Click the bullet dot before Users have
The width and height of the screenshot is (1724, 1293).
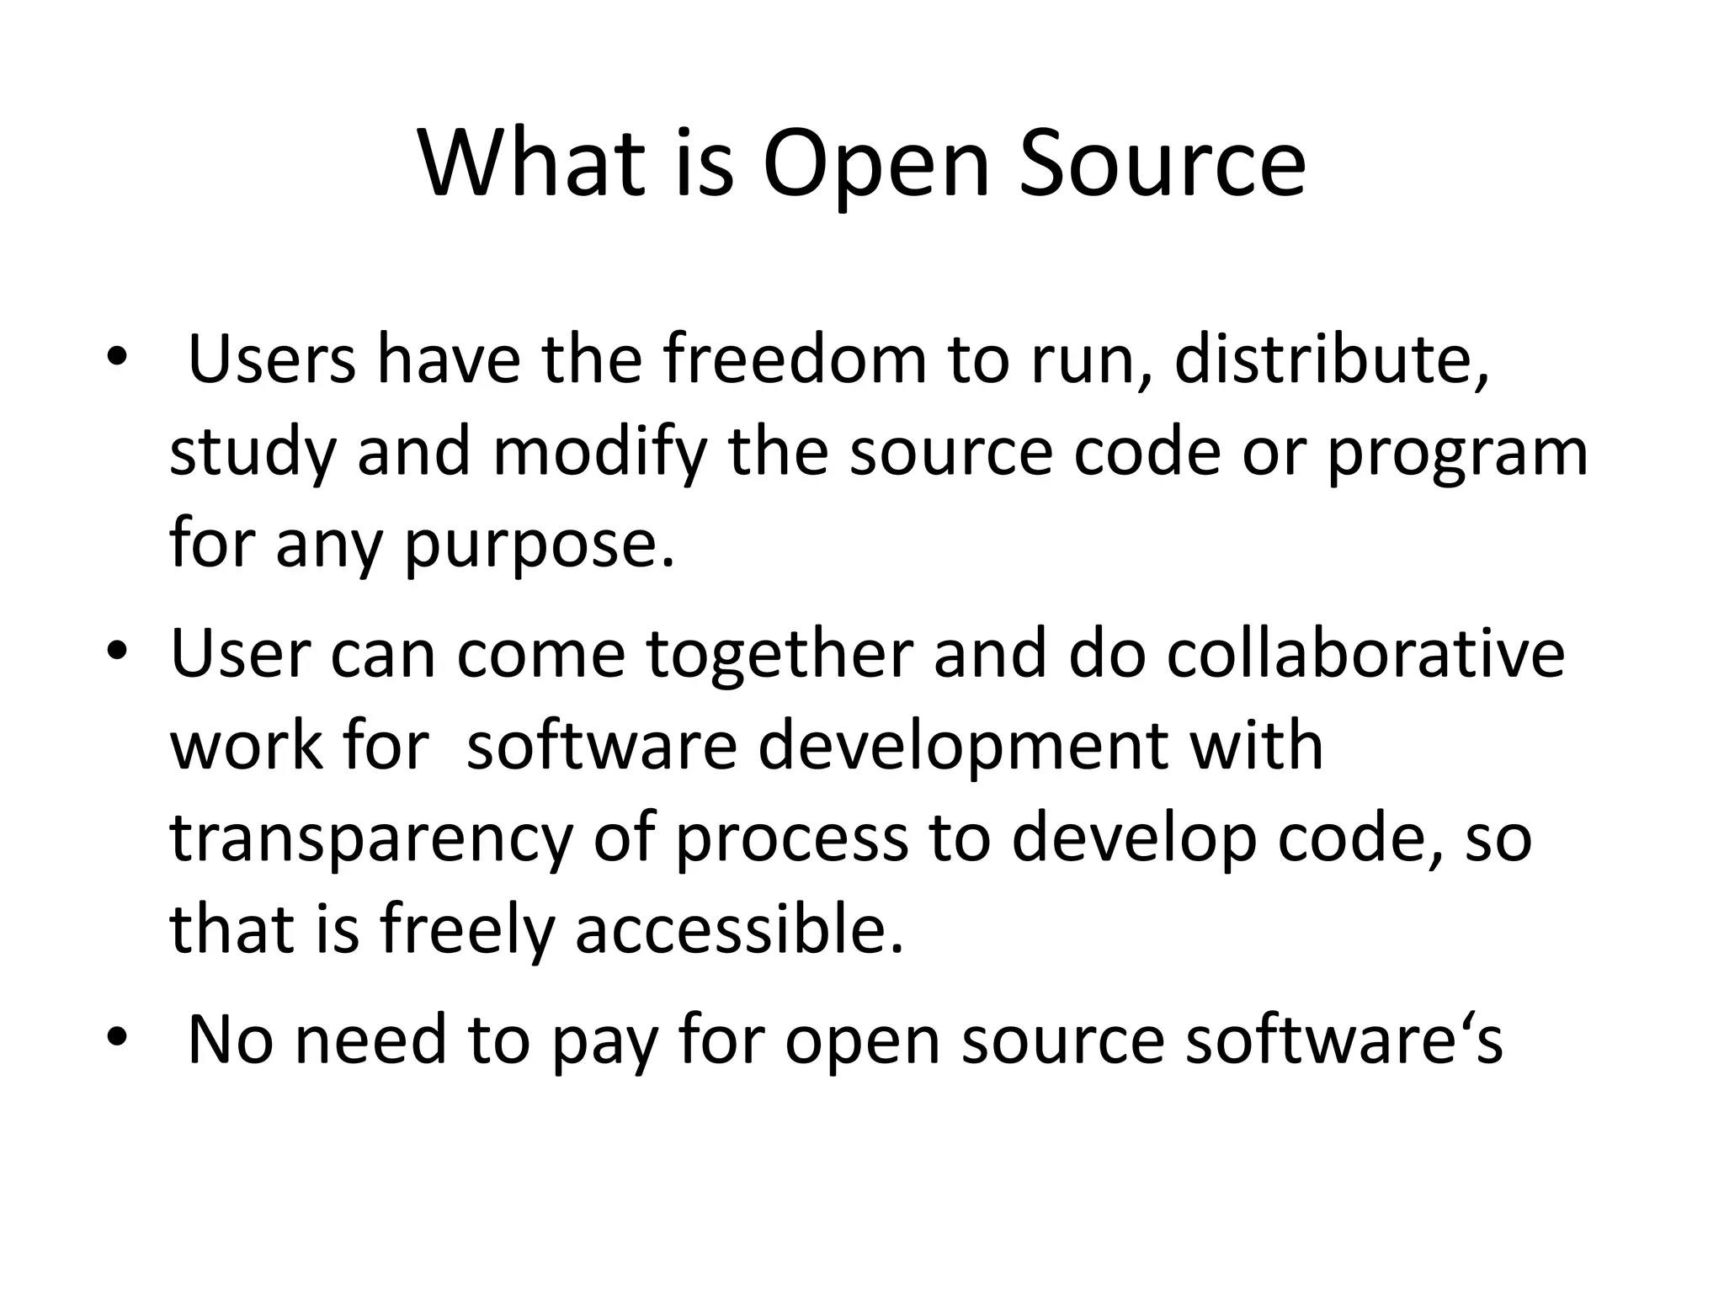coord(116,359)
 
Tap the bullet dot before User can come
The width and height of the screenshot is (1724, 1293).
coord(116,653)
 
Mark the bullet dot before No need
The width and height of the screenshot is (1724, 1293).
coord(116,1039)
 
